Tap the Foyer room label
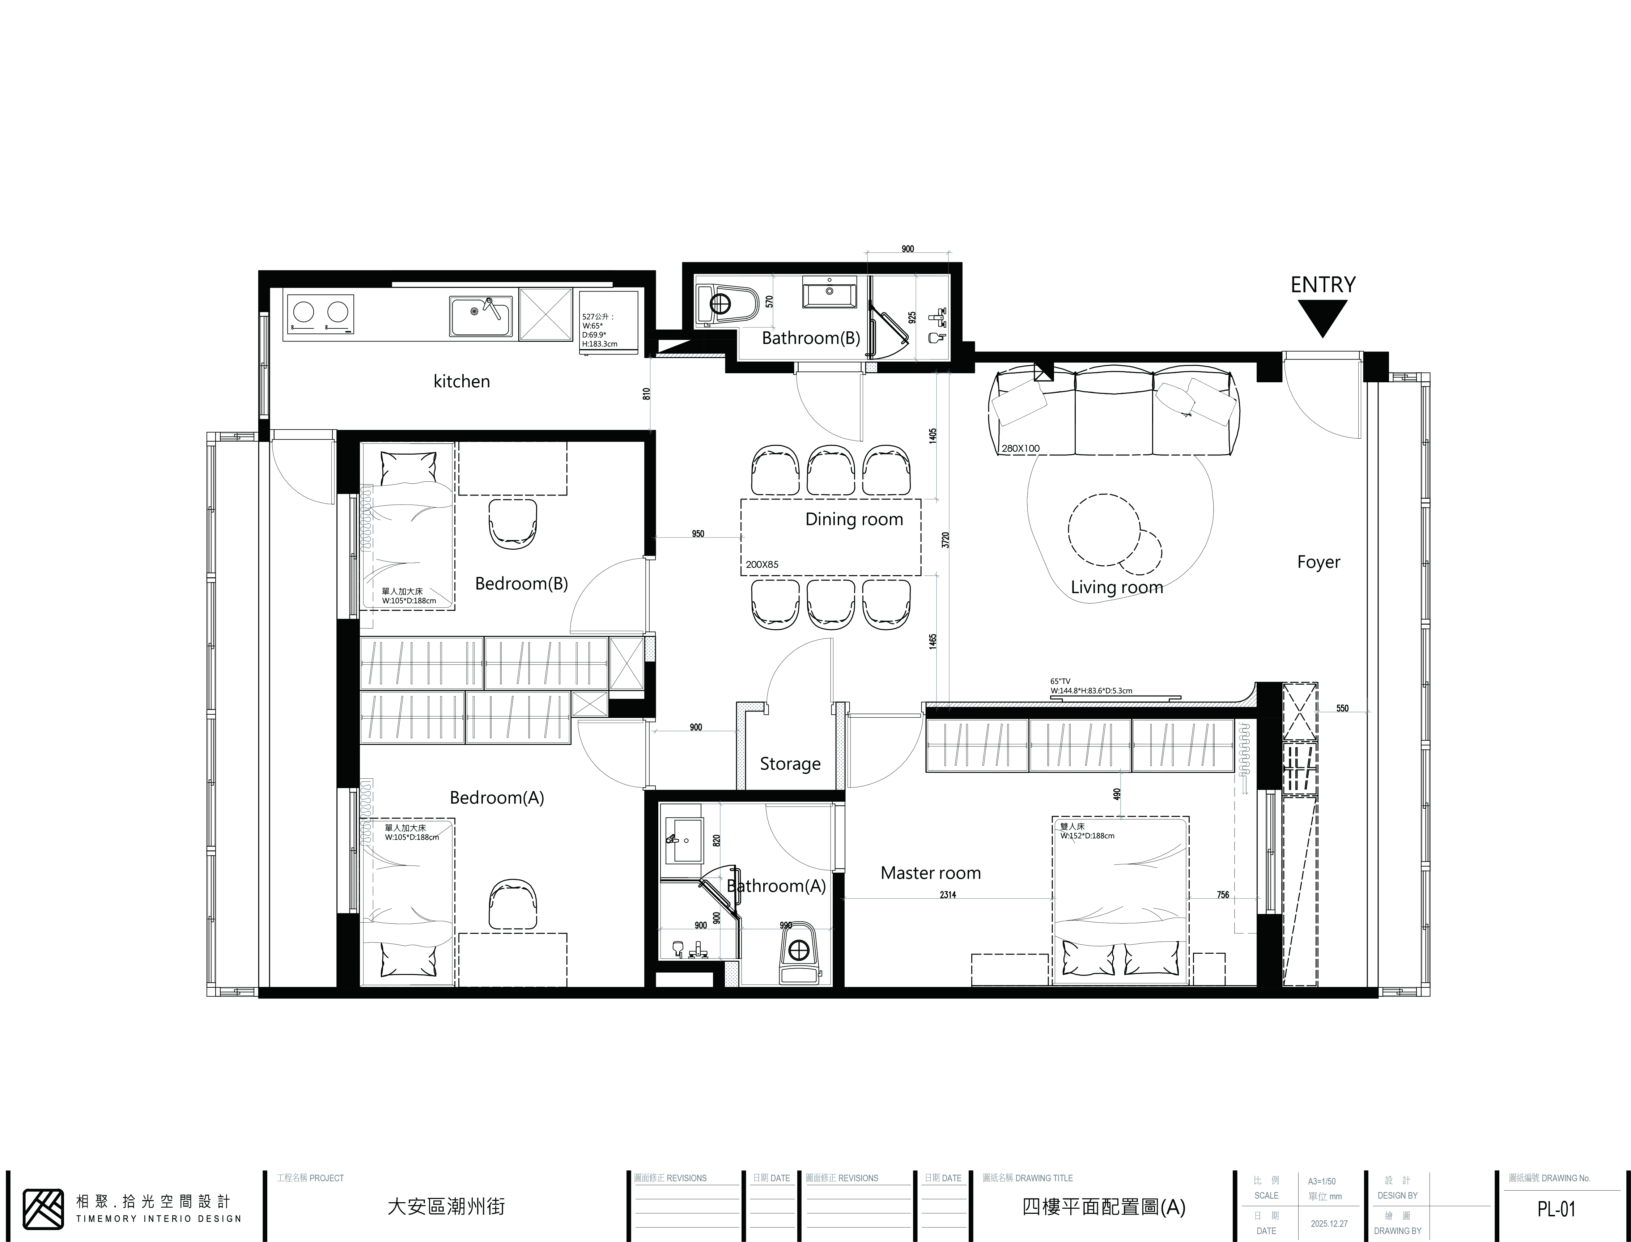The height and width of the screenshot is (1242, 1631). click(1318, 562)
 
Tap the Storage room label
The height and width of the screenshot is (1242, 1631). click(790, 764)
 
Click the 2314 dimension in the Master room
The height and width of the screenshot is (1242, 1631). click(948, 894)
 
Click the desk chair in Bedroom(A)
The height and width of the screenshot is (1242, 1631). click(512, 904)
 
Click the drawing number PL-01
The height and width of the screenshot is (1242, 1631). click(1556, 1209)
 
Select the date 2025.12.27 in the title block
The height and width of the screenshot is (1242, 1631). click(1329, 1224)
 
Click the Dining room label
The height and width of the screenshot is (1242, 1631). click(854, 519)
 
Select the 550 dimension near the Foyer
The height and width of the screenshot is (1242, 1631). click(1343, 708)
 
